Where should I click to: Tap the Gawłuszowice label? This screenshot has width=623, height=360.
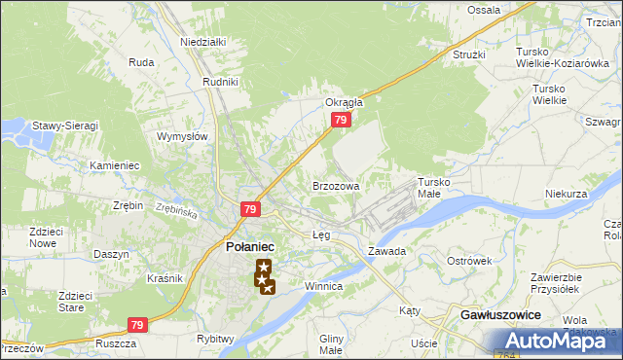(x=499, y=317)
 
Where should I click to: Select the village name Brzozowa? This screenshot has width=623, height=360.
(x=336, y=185)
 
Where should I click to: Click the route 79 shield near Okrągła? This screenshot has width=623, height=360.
(x=340, y=120)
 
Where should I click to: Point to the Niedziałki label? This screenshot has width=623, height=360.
(x=202, y=42)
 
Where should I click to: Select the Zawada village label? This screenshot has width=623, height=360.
(x=386, y=251)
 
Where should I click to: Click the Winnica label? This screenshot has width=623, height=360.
(x=322, y=287)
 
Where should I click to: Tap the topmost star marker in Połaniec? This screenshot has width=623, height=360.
(x=263, y=266)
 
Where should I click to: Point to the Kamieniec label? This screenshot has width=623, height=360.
(x=115, y=165)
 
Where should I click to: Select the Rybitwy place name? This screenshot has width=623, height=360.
(x=216, y=339)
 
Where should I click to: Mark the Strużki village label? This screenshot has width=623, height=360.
(x=468, y=54)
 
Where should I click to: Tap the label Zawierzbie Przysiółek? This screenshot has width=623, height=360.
(x=555, y=282)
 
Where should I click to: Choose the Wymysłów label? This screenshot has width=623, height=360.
(x=183, y=136)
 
